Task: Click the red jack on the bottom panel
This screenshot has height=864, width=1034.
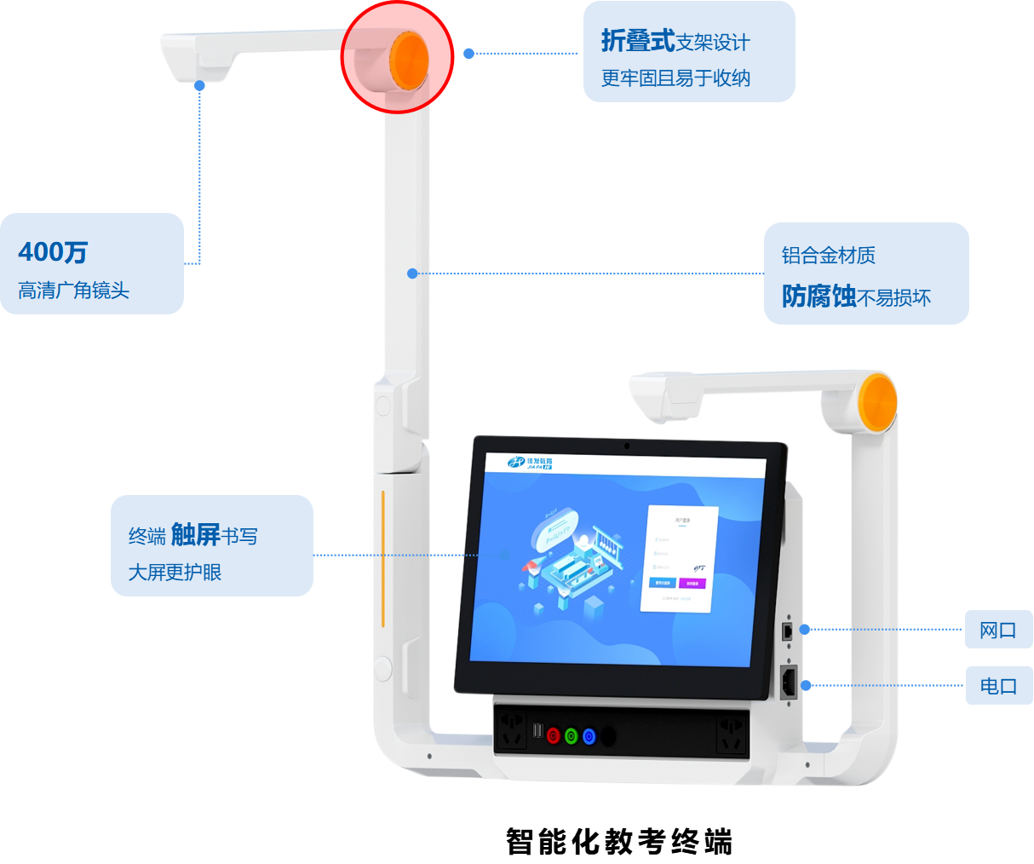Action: [554, 735]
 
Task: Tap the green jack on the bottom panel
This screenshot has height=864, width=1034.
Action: [572, 735]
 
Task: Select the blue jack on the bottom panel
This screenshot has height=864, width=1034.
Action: [589, 735]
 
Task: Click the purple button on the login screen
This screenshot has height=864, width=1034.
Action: [692, 584]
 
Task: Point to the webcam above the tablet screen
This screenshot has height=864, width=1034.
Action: [627, 445]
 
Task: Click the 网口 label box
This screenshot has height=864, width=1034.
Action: [998, 631]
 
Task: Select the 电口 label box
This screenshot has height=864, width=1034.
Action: [998, 686]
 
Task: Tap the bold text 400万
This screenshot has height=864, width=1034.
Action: [53, 252]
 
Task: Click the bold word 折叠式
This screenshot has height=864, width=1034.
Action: [637, 41]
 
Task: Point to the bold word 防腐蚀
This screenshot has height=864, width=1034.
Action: [819, 297]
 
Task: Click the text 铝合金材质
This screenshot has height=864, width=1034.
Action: [828, 256]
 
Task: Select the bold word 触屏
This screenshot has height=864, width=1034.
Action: [195, 535]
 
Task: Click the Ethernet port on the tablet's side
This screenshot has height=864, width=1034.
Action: [788, 631]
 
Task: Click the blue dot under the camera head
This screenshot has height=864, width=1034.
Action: [199, 86]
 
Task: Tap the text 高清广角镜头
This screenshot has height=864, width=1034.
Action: [74, 291]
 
